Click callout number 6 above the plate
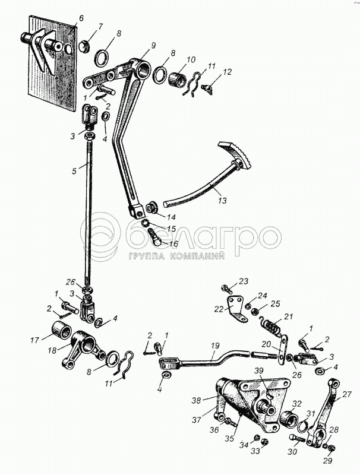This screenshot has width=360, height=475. point(81,19)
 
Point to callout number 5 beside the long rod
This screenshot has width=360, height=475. point(74,171)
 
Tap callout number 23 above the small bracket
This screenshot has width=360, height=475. point(244,281)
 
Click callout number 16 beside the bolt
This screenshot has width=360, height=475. point(173,244)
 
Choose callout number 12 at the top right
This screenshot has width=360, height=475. point(227,72)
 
